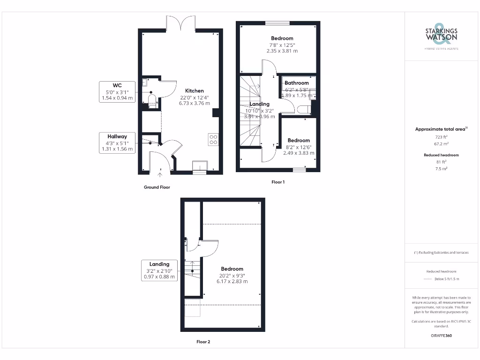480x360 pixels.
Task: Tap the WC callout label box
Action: point(117,91)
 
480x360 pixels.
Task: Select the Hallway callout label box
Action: point(117,142)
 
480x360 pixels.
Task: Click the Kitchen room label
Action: point(194,90)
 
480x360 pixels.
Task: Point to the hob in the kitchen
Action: point(213,139)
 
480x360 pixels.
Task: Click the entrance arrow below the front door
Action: point(160,175)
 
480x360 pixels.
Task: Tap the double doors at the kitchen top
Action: point(180,23)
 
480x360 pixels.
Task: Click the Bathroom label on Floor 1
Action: point(297,83)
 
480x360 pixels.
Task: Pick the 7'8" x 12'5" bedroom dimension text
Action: point(282,45)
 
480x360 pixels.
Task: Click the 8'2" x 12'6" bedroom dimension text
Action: point(299,147)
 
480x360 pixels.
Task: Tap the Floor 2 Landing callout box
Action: point(159,270)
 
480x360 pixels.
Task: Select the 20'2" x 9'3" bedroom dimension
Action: point(232,275)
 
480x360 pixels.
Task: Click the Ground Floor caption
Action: point(157,187)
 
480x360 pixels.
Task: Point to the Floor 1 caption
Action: point(278,182)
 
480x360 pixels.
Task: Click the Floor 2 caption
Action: point(203,342)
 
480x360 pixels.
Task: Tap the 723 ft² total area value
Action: point(441,137)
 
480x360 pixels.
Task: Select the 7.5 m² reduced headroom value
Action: point(441,168)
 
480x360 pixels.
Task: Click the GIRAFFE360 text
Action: point(441,336)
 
